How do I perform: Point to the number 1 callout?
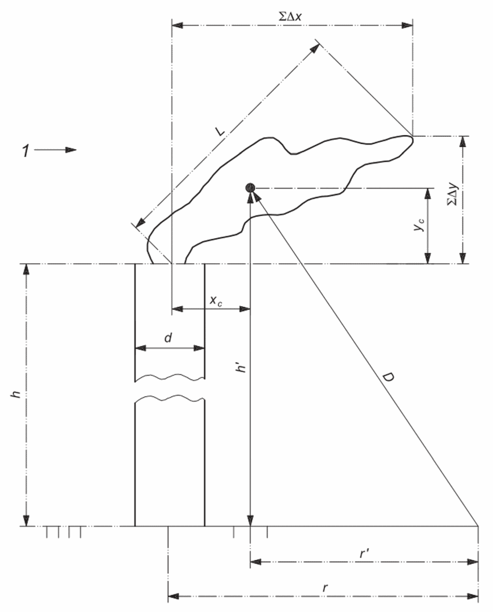pyautogui.click(x=26, y=151)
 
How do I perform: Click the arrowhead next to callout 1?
pyautogui.click(x=71, y=150)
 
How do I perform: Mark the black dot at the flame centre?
pyautogui.click(x=250, y=187)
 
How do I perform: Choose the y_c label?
pyautogui.click(x=419, y=225)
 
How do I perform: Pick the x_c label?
pyautogui.click(x=216, y=300)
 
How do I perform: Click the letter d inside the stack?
pyautogui.click(x=168, y=337)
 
